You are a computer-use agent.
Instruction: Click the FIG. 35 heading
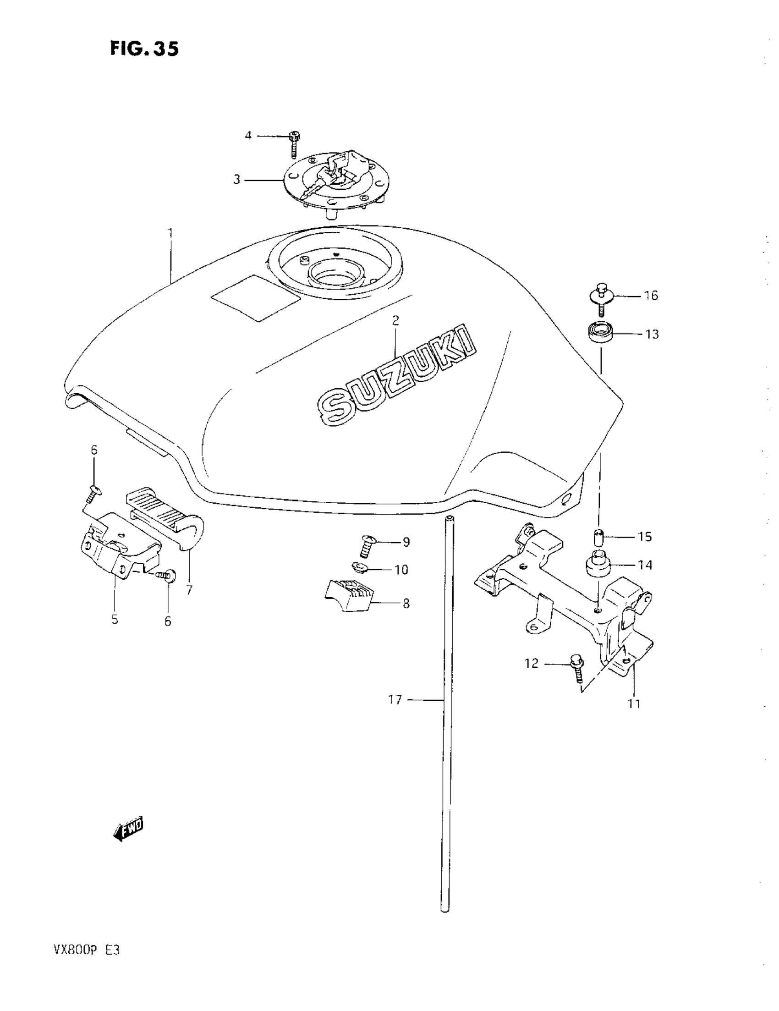pyautogui.click(x=144, y=48)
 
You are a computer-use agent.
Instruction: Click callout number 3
pyautogui.click(x=236, y=180)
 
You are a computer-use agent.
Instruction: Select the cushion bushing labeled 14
pyautogui.click(x=599, y=565)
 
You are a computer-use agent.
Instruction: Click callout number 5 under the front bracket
pyautogui.click(x=115, y=619)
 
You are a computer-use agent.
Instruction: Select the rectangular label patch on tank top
pyautogui.click(x=256, y=297)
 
